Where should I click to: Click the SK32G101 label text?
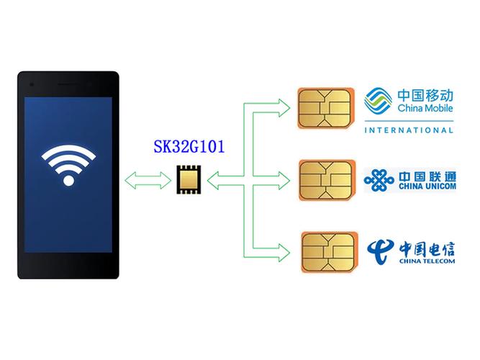tap(189, 146)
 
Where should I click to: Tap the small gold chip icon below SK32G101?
tap(189, 179)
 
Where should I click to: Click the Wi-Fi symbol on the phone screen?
tap(68, 165)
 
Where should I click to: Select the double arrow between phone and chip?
tap(148, 181)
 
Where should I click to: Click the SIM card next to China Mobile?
tap(326, 108)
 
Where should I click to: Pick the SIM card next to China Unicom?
tap(327, 180)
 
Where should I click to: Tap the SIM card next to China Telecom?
tap(330, 252)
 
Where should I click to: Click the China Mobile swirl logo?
tap(378, 101)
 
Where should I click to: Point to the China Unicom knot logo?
tap(379, 180)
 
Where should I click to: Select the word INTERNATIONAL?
tap(409, 130)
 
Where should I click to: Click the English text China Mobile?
tap(425, 108)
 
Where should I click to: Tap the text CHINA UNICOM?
tap(427, 186)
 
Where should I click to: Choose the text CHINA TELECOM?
tap(427, 261)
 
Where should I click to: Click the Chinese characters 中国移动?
tap(425, 95)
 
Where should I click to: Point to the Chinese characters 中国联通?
tap(427, 176)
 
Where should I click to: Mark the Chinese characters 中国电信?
tap(427, 249)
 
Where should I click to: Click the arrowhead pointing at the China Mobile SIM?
tap(284, 108)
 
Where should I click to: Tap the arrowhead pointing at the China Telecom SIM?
tap(284, 253)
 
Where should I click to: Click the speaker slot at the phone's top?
tap(68, 84)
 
